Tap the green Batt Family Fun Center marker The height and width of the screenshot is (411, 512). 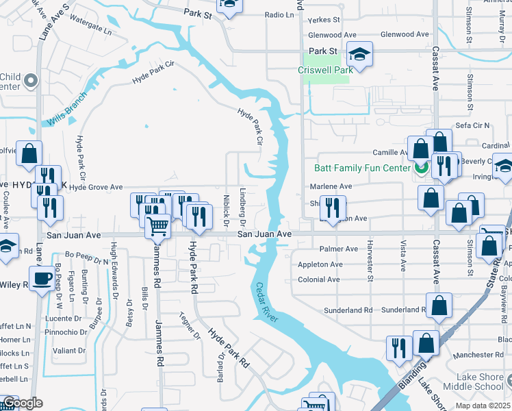[421, 167]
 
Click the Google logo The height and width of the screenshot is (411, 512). [22, 403]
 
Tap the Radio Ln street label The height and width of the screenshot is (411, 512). [279, 14]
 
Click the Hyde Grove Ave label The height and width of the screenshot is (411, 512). [95, 187]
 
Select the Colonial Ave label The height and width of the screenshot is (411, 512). [318, 279]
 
